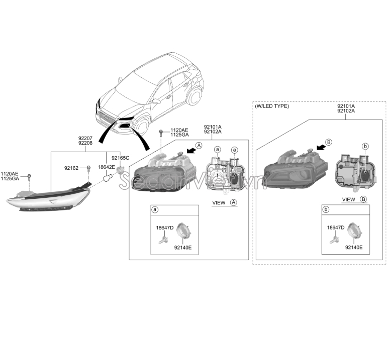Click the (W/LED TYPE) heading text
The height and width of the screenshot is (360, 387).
pos(272,106)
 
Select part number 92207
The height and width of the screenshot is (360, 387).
pos(85,137)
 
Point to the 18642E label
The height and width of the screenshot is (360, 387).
pos(107,167)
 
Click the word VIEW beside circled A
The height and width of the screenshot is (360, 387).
pos(219,202)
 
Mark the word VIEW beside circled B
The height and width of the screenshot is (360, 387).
pos(348,199)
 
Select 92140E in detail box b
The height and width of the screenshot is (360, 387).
pos(354,247)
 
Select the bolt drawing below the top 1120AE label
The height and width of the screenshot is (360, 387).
pos(160,134)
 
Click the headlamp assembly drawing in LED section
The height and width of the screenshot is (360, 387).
pos(296,170)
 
